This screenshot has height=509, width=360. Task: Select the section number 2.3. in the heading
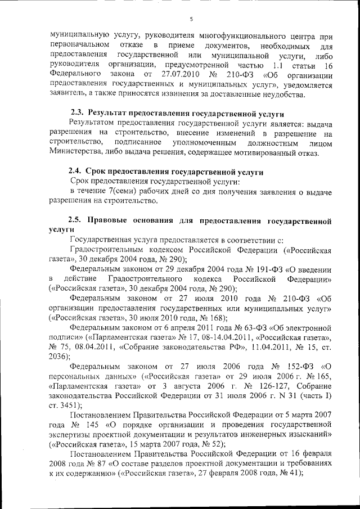76,112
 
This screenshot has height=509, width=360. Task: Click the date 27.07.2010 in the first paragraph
175,74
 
